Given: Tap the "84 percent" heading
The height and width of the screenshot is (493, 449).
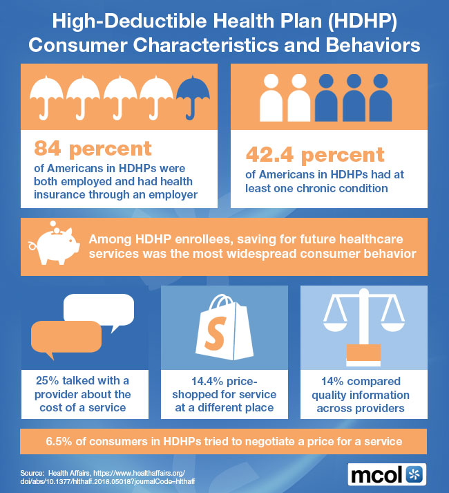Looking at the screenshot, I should [93, 148].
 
